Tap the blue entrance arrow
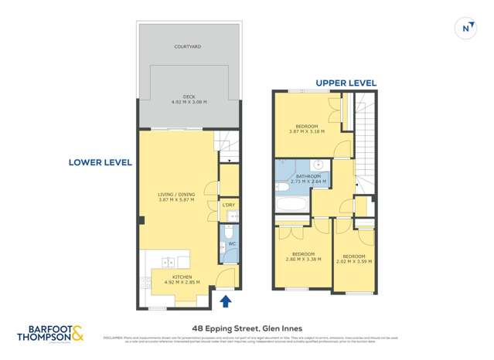click(x=226, y=301)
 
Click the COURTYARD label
click(x=189, y=46)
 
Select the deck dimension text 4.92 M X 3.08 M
click(x=189, y=102)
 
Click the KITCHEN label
click(x=182, y=277)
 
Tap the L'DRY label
click(x=228, y=205)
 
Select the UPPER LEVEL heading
click(x=345, y=83)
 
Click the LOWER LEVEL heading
click(x=100, y=162)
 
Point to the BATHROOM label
click(x=307, y=176)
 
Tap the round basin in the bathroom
click(x=318, y=165)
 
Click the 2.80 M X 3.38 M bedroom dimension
click(x=302, y=260)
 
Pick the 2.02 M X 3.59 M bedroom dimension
click(x=353, y=261)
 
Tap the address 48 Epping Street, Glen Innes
click(x=247, y=327)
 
